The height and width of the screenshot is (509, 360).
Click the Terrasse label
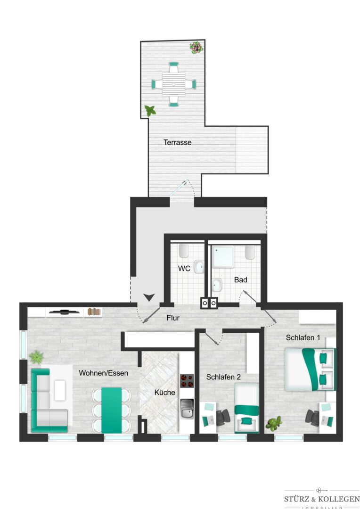click(177, 142)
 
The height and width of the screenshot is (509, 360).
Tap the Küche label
click(164, 393)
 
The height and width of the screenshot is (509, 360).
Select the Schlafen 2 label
click(223, 377)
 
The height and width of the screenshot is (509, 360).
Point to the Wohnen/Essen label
click(104, 373)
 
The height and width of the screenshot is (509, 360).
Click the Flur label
click(173, 318)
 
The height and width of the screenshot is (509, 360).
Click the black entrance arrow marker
click(149, 297)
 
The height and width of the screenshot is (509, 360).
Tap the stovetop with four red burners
click(187, 381)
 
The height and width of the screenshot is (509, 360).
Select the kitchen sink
click(187, 409)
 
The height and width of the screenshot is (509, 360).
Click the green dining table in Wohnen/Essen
click(112, 410)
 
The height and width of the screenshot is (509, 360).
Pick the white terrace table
click(174, 84)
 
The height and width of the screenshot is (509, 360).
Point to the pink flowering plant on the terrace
click(196, 48)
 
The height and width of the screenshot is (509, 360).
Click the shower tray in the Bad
click(222, 257)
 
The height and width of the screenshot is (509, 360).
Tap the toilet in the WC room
click(184, 251)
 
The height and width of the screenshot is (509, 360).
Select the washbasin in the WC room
click(199, 266)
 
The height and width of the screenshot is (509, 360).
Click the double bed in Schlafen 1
click(310, 369)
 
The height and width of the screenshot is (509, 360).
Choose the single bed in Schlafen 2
click(247, 408)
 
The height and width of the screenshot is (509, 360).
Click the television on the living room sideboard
click(64, 312)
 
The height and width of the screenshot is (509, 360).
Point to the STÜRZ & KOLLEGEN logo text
click(322, 499)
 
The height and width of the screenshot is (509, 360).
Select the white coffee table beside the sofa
click(60, 390)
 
